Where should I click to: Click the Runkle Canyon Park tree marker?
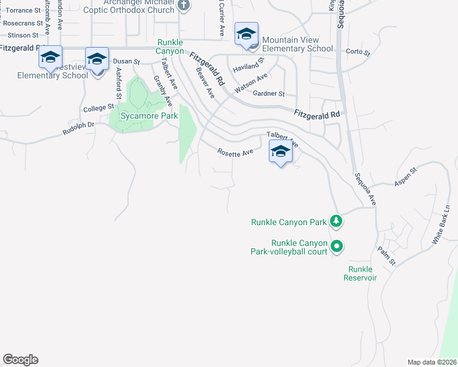point(336,221)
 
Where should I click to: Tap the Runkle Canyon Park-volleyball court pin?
point(336,247)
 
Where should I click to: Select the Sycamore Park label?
point(149,116)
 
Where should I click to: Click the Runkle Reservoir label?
point(362,273)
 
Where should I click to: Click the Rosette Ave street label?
point(236,152)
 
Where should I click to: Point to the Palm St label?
point(387,255)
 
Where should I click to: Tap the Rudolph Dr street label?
point(78,128)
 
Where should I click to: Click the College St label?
point(95,108)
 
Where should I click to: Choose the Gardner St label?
point(269,94)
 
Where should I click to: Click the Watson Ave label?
point(251,83)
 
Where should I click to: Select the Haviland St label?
point(248,64)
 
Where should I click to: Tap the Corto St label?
point(358,53)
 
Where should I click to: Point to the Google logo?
point(21,360)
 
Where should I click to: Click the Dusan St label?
point(127,62)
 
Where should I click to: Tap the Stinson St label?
point(23,35)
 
